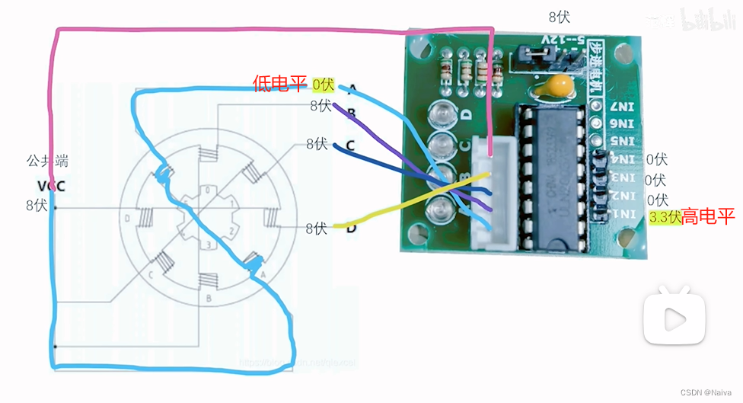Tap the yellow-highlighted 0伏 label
point(323,84)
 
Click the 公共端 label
point(47,162)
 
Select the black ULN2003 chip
point(554,177)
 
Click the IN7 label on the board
point(624,105)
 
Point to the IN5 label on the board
point(624,142)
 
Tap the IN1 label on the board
point(624,215)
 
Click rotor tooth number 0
point(206,190)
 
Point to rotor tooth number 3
point(206,244)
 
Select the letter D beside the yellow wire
point(352,227)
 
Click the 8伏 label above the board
point(559,16)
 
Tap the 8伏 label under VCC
point(37,205)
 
